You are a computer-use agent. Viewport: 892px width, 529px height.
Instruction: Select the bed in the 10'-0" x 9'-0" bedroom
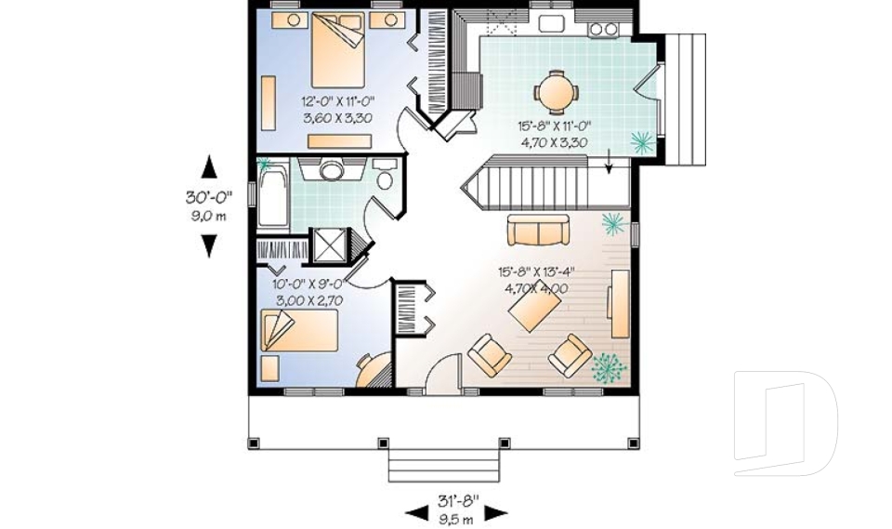click(299, 332)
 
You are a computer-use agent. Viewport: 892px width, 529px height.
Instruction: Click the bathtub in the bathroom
click(272, 196)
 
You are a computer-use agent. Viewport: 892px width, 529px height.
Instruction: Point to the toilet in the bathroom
click(387, 175)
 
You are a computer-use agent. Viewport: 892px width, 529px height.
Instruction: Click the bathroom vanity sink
click(332, 169)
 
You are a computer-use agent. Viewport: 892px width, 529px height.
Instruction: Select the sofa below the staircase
click(538, 229)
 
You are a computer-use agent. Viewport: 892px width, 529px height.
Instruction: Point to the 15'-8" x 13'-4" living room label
click(537, 272)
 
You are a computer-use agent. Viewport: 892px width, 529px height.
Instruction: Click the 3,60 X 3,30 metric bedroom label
click(337, 118)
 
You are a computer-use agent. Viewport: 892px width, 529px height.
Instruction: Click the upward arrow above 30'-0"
click(209, 167)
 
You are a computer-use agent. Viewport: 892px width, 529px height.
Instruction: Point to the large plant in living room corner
click(609, 367)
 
